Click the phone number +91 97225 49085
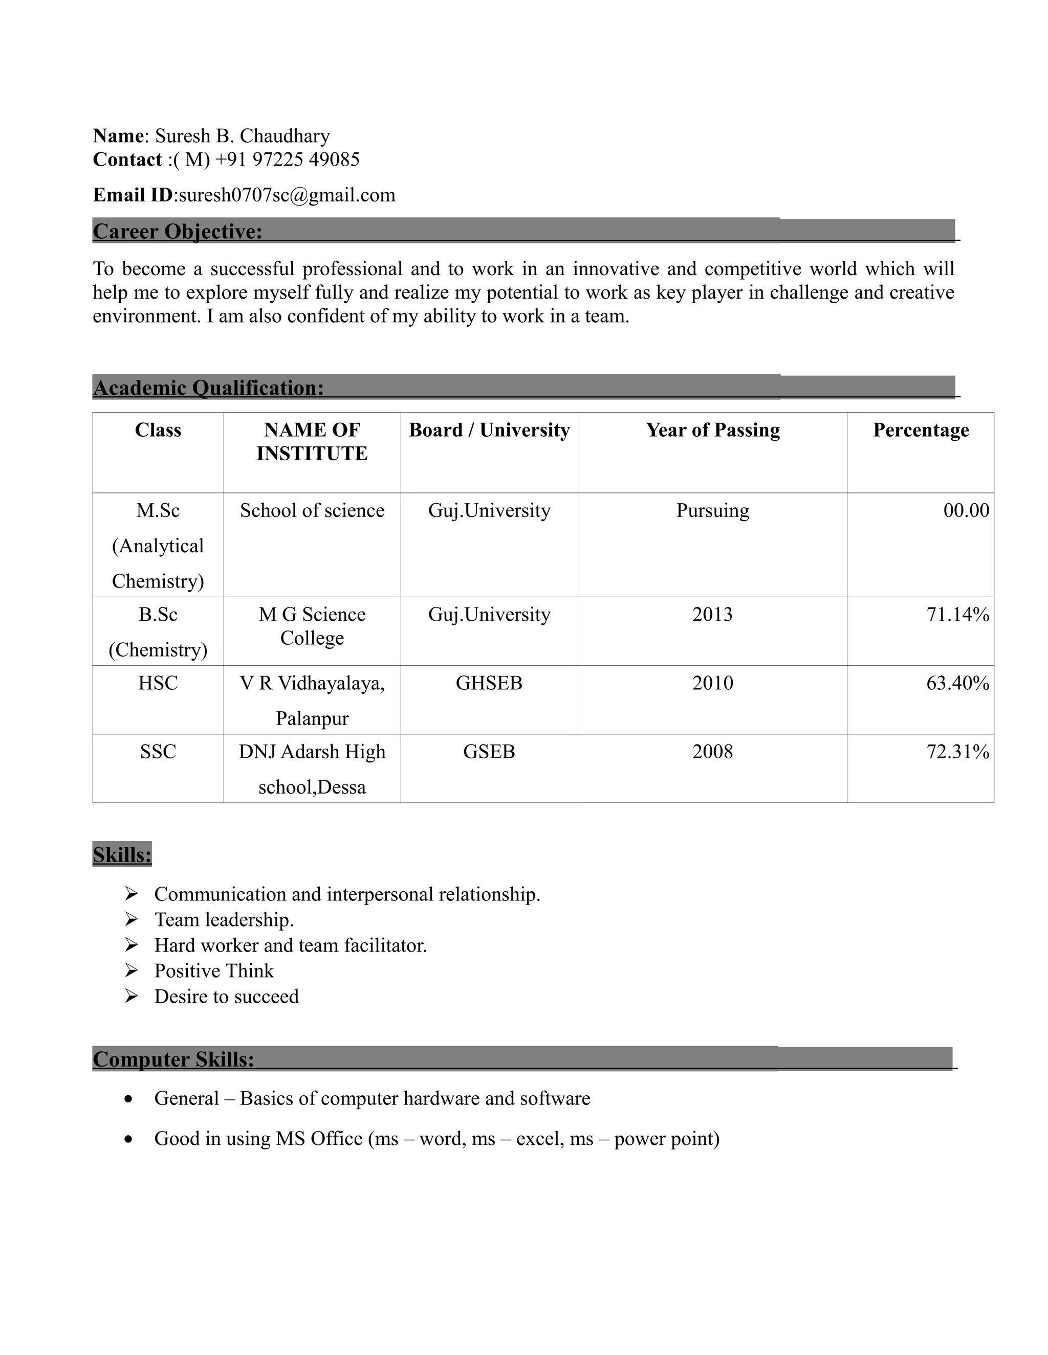coord(287,160)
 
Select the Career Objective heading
coord(178,232)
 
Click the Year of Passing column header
coord(712,430)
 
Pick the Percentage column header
coord(920,430)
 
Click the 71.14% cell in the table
coord(957,614)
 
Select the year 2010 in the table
coord(712,683)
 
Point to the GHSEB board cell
coord(489,683)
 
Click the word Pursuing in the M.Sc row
coord(712,511)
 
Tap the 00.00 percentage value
coord(966,511)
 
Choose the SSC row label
coord(158,752)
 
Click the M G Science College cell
coord(312,626)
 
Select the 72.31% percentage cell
coord(957,752)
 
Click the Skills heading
coord(122,855)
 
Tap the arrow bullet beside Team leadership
coord(131,919)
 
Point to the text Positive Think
coord(213,971)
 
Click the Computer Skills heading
coord(173,1059)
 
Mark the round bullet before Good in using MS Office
coord(128,1140)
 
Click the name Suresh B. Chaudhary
coord(242,136)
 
